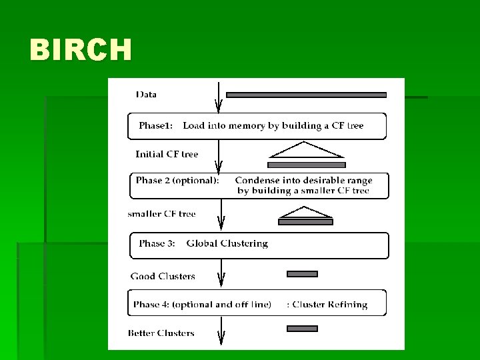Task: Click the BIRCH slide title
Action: [x=81, y=49]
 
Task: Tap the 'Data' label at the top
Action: [x=146, y=94]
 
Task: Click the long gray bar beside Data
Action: [x=306, y=95]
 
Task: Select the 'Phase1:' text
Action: [x=156, y=125]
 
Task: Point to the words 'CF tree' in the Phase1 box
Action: [x=347, y=125]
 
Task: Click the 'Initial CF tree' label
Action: [x=167, y=154]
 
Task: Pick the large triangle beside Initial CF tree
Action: [x=306, y=149]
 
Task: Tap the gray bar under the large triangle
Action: [x=307, y=165]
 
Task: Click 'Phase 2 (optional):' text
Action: [x=177, y=180]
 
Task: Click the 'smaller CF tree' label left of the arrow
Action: [x=161, y=214]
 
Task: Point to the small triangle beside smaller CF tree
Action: [x=305, y=212]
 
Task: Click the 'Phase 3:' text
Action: [x=157, y=243]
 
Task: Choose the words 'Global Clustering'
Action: [x=227, y=244]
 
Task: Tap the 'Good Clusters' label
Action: [x=163, y=276]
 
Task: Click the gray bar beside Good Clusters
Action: [x=303, y=274]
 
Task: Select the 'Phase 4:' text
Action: [x=151, y=305]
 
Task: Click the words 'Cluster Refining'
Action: [x=330, y=305]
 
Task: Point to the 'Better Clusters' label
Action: [x=161, y=333]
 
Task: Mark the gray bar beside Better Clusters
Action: [x=303, y=329]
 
